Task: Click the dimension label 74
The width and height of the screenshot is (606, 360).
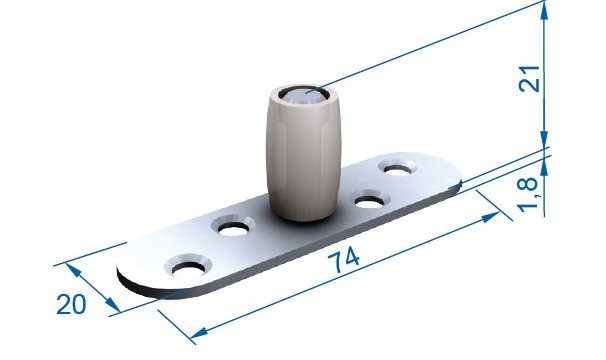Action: pos(344,259)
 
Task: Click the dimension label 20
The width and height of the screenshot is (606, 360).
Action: pos(71,304)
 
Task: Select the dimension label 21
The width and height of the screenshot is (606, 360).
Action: pos(529,79)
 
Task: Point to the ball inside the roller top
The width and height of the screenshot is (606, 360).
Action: pos(304,97)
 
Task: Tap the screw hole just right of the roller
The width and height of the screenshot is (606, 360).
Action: pos(369,201)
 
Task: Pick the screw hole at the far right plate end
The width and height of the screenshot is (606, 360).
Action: pos(398,169)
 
